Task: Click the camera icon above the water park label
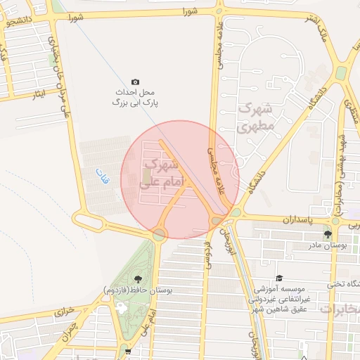pyautogui.click(x=136, y=82)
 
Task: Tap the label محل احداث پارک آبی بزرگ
pyautogui.click(x=135, y=97)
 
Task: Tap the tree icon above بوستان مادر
pyautogui.click(x=328, y=234)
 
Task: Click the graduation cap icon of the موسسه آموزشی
pyautogui.click(x=280, y=278)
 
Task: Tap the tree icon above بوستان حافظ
pyautogui.click(x=137, y=280)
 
